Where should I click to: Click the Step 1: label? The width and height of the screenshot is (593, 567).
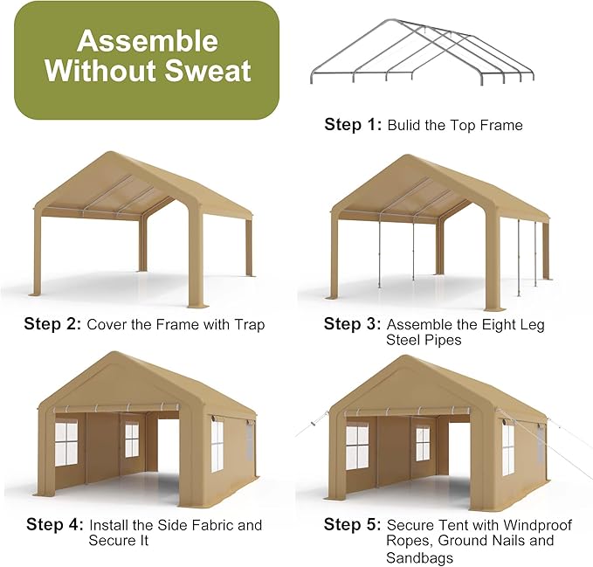353,125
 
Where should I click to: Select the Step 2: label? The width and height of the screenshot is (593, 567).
52,324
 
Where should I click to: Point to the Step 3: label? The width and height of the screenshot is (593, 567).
353,324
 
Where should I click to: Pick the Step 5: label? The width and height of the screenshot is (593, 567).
353,525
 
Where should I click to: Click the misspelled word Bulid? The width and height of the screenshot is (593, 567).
406,125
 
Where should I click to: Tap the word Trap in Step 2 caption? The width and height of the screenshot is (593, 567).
248,324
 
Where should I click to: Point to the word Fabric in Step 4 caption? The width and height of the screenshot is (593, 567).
209,525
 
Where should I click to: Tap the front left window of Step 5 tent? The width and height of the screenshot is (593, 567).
356,446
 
